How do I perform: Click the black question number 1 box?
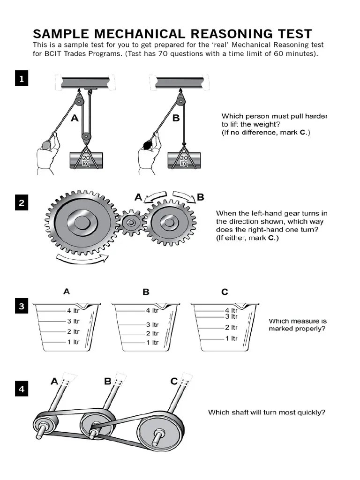click(x=22, y=79)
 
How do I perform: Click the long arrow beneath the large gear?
click(x=82, y=257)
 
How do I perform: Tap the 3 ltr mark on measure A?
click(x=73, y=321)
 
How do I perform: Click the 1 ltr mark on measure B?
click(x=152, y=343)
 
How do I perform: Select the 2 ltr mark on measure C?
click(x=231, y=327)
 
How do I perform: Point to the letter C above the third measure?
click(x=225, y=292)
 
